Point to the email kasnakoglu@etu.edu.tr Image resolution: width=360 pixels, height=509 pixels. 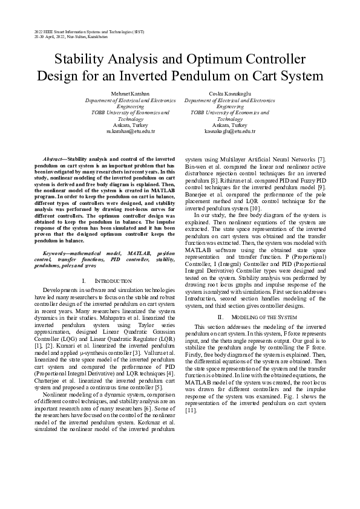coord(230,131)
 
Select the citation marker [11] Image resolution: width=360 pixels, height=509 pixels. coord(191,410)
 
